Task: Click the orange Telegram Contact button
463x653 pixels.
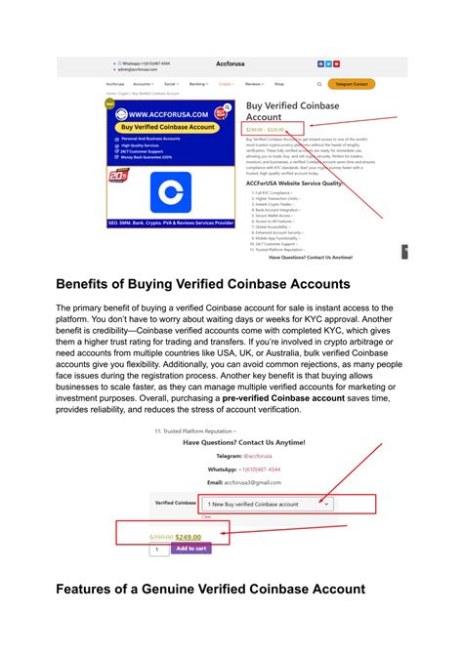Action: click(x=351, y=84)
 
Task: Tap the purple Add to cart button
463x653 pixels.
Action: click(x=191, y=548)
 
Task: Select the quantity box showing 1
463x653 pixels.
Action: click(x=159, y=549)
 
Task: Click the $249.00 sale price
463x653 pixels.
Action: click(x=189, y=536)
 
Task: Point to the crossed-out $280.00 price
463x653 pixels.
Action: click(x=161, y=536)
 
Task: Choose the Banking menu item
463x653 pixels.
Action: click(x=198, y=84)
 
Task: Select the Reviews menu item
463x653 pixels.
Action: click(x=255, y=84)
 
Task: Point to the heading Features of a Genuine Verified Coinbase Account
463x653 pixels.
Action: click(x=210, y=590)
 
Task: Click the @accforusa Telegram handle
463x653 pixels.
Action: click(x=260, y=455)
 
